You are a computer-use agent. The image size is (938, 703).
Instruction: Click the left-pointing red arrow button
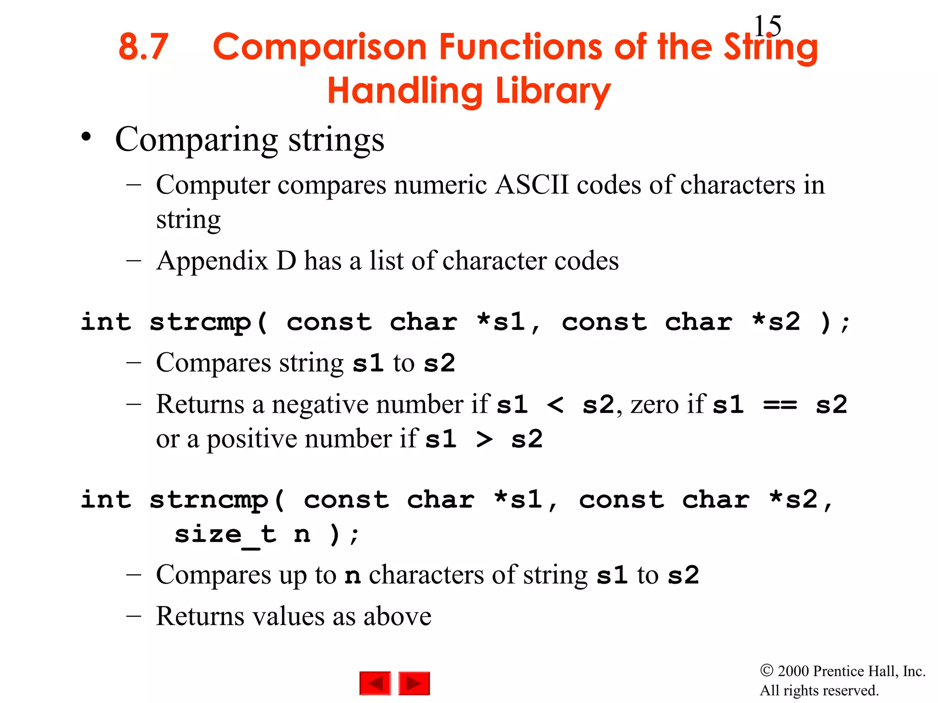point(375,683)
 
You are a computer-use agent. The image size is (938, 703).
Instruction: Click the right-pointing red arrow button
point(414,683)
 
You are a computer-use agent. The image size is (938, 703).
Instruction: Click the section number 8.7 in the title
point(143,47)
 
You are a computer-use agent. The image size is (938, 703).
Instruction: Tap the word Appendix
point(212,261)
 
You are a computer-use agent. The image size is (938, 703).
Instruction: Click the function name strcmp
point(201,322)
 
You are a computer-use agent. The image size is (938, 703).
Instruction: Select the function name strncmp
point(209,500)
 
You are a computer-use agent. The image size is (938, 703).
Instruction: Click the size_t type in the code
point(225,535)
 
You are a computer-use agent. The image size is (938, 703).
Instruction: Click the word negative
point(320,405)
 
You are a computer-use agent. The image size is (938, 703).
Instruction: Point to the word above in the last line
point(397,616)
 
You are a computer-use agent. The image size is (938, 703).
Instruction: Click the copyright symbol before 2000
point(766,671)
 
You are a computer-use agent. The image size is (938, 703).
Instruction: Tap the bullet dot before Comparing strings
point(86,137)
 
